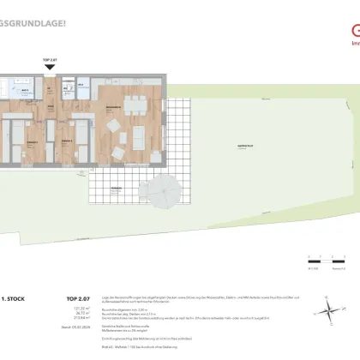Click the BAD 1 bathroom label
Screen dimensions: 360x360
pyautogui.click(x=26, y=88)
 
